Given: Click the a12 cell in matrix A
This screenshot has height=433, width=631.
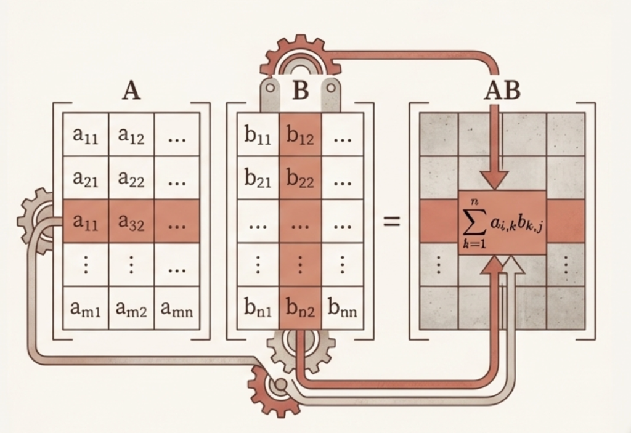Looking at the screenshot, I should point(131,135).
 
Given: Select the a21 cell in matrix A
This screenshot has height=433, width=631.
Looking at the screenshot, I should point(86,179).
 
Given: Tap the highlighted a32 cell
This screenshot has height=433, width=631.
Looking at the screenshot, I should point(131,222).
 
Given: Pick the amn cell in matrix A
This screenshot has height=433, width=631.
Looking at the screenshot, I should point(176,309).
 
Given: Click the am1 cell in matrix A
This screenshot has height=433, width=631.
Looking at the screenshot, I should point(86,309).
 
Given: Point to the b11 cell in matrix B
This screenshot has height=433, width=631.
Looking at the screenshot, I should point(258,135).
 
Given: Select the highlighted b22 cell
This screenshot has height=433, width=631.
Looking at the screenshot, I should point(300,179).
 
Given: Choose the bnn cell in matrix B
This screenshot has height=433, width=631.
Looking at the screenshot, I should point(343,309).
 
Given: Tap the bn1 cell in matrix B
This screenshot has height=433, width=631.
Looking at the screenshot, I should point(258,309).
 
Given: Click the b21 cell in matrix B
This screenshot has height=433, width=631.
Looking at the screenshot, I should point(258,179).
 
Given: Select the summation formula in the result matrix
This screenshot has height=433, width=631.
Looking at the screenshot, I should point(502,223).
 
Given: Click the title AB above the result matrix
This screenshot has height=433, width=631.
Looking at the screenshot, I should point(502,91).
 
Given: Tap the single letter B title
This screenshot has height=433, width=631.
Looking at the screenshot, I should point(300,91).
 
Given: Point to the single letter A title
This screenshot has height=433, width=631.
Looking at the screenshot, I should point(131,91).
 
